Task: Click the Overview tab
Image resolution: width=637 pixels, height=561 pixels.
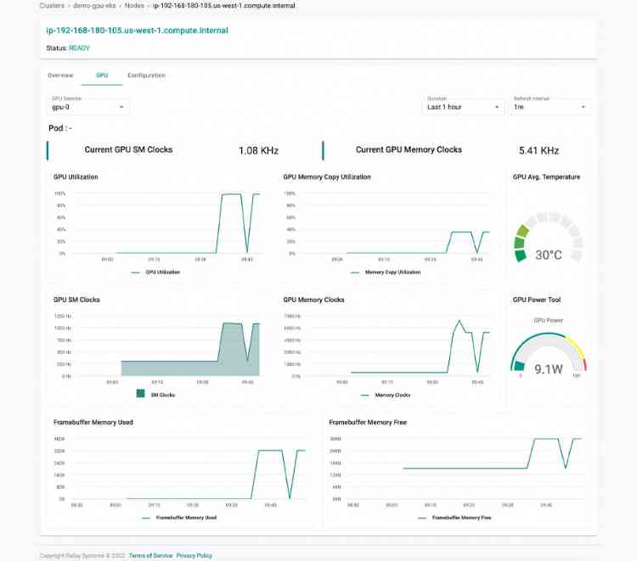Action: point(60,76)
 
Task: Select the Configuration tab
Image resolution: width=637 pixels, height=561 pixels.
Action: point(146,76)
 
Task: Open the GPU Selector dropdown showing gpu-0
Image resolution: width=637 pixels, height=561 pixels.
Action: point(88,108)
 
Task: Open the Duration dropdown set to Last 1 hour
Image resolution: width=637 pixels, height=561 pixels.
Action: point(464,108)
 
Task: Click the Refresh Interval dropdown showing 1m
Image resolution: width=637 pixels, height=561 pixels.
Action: point(550,108)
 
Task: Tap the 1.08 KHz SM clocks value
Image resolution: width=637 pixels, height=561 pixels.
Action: point(258,151)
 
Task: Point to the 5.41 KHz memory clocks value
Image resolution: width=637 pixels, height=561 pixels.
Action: point(538,151)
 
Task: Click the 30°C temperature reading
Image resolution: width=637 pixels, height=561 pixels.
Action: point(548,255)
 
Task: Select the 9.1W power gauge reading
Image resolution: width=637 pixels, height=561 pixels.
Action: point(548,369)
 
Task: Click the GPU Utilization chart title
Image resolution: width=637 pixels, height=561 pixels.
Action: point(76,177)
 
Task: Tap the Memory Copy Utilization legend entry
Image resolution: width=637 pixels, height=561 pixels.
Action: point(392,272)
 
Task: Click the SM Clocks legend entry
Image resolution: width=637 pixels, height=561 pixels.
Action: point(162,395)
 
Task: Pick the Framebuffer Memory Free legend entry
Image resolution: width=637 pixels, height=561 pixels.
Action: point(461,517)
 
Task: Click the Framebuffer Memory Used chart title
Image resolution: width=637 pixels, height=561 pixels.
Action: point(93,422)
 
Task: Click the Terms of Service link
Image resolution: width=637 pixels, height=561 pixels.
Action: point(150,555)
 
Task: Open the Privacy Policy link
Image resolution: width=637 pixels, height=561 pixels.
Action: point(194,555)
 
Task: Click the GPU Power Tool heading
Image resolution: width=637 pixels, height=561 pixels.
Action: point(537,300)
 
